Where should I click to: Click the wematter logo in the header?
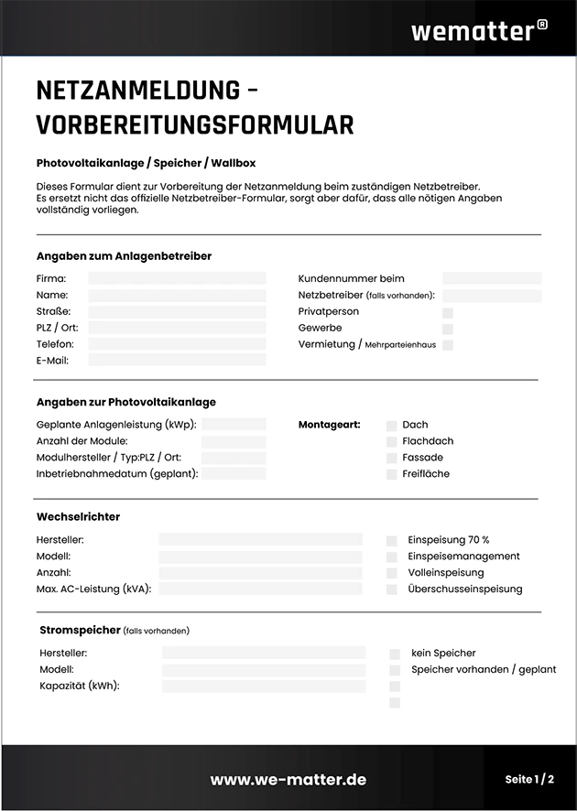tap(478, 30)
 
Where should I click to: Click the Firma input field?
tap(177, 278)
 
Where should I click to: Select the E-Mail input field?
tap(177, 361)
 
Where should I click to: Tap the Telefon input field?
tap(177, 344)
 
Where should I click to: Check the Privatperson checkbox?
tap(448, 312)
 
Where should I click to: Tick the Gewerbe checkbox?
tap(448, 329)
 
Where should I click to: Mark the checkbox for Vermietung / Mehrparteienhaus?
tap(448, 345)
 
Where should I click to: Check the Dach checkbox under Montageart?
tap(392, 426)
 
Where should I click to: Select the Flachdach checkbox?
tap(392, 441)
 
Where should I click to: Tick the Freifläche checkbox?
tap(392, 474)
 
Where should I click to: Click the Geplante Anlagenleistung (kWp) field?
tap(234, 425)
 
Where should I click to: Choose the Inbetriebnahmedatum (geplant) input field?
tap(234, 474)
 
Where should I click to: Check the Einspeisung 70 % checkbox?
tap(392, 541)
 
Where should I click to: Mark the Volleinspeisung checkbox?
tap(392, 573)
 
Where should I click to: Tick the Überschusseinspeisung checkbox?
tap(392, 589)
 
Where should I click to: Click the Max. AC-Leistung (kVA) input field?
tap(260, 589)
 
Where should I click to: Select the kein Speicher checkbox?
tap(395, 654)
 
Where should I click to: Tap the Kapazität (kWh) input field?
tap(264, 686)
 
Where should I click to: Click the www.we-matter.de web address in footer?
tap(288, 780)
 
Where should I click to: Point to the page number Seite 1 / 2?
tap(529, 780)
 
